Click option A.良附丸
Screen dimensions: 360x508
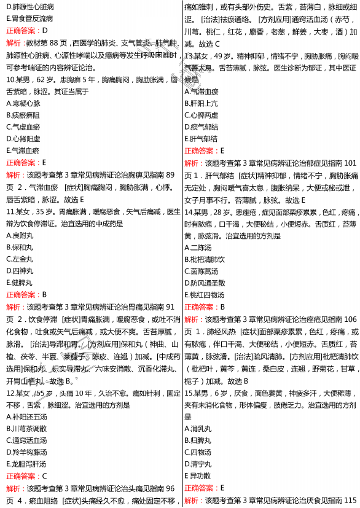point(20,235)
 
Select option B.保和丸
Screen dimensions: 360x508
point(20,247)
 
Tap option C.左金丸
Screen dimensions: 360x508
point(20,259)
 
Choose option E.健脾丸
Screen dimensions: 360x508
point(20,283)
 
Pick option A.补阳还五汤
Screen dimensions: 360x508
point(26,417)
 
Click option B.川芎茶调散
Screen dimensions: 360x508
point(26,429)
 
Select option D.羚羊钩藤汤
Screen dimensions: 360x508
point(26,452)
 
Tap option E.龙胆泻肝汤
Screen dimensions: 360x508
point(26,464)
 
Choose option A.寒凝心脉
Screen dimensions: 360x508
point(23,103)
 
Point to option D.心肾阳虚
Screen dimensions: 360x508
point(23,139)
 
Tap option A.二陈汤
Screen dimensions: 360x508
point(198,247)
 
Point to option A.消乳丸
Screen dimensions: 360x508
point(198,429)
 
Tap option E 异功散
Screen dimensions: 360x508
point(198,475)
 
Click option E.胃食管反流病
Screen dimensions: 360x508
point(29,18)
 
